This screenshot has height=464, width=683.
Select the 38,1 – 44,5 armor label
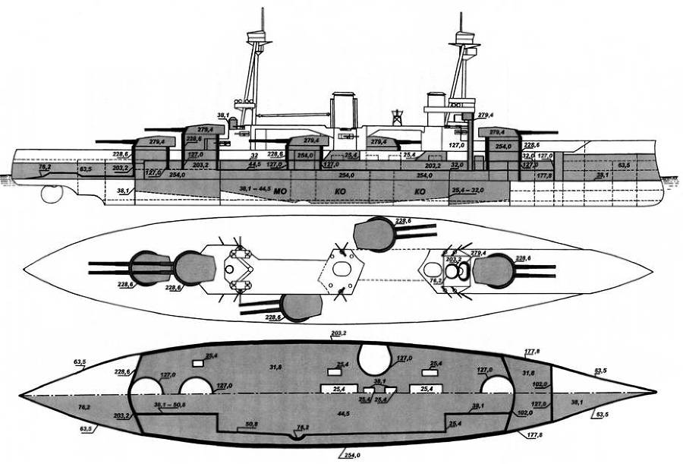click(x=254, y=187)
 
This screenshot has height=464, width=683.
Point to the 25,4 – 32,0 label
click(x=467, y=189)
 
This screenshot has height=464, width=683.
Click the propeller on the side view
click(x=52, y=194)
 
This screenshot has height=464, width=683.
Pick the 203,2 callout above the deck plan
click(x=338, y=333)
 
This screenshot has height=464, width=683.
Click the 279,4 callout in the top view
click(x=477, y=253)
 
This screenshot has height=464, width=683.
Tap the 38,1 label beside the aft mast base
click(x=223, y=115)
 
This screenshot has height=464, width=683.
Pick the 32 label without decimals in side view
click(x=254, y=155)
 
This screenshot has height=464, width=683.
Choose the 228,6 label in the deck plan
click(x=121, y=372)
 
